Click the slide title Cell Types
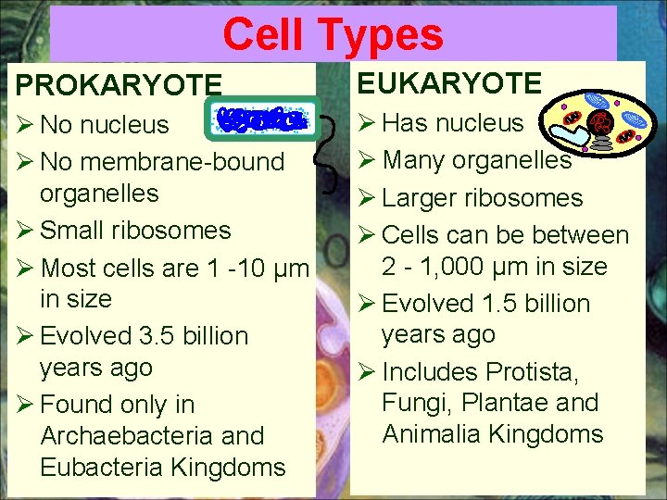point(333,35)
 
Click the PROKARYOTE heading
point(119,85)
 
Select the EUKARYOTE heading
point(449,83)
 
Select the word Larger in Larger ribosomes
point(428,198)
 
